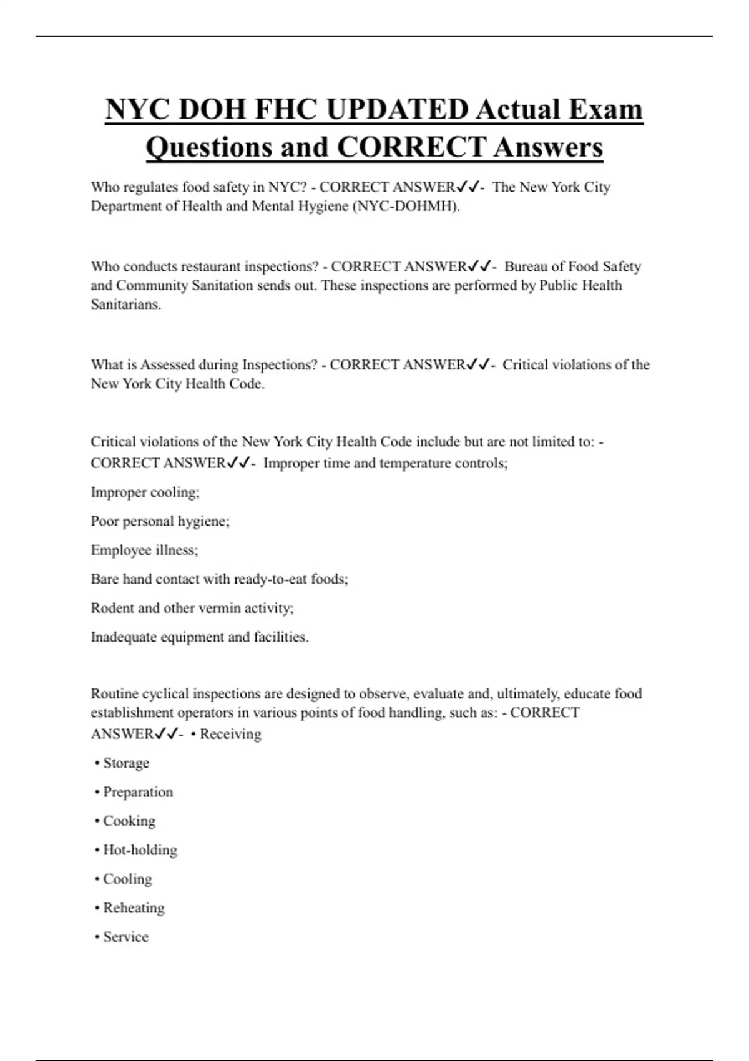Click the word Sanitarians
coord(125,305)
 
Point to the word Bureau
coord(525,266)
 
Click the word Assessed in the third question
coord(167,364)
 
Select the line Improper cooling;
coord(145,492)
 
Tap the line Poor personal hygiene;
coord(160,521)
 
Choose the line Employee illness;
coord(144,550)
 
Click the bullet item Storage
coord(126,763)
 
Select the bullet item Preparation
coord(138,792)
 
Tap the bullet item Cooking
coord(129,821)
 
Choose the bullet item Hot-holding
coord(140,850)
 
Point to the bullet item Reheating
coord(134,907)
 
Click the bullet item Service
coord(125,937)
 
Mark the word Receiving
coord(230,734)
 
